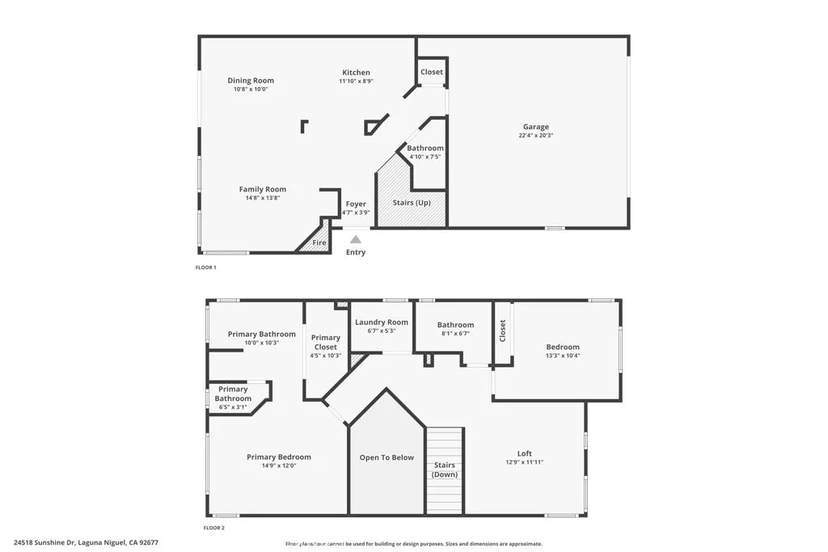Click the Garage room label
click(535, 127)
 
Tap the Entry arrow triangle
click(356, 239)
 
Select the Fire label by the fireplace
click(319, 242)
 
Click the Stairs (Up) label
click(412, 202)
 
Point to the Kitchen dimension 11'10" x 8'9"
click(356, 81)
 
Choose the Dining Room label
click(251, 80)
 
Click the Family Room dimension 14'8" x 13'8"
click(262, 198)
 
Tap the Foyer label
click(356, 204)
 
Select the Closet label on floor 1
click(432, 72)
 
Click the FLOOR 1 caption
click(206, 268)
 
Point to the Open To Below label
click(387, 457)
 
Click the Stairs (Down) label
click(444, 470)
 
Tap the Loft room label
click(525, 453)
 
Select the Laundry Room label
click(382, 322)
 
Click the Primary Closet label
click(326, 342)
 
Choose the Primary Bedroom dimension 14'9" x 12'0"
click(279, 466)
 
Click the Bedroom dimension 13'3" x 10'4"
click(562, 356)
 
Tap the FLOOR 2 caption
click(213, 528)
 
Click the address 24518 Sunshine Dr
click(45, 543)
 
